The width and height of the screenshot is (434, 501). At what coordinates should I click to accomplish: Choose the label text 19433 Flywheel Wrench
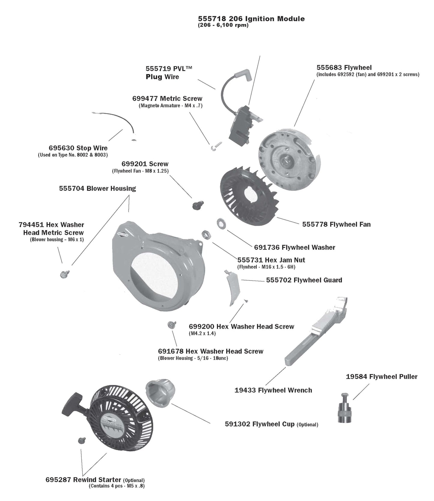(273, 390)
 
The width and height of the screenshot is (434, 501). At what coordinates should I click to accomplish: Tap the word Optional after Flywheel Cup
(307, 424)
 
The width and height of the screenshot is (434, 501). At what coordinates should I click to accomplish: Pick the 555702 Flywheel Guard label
(304, 280)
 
